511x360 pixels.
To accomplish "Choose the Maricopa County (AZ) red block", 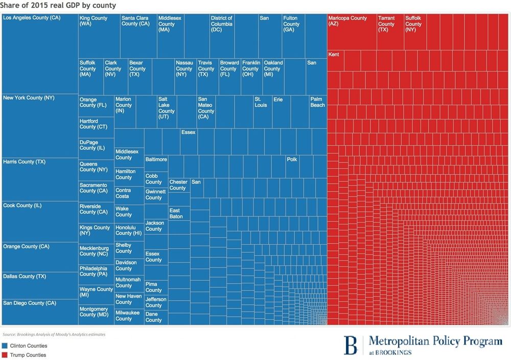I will (x=352, y=32).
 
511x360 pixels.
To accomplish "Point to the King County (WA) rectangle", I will (x=99, y=36).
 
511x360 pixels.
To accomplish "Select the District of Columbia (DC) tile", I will (x=222, y=36).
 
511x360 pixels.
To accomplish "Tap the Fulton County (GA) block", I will (x=293, y=36).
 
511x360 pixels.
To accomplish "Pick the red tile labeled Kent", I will (x=335, y=61).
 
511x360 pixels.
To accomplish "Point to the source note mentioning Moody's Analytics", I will (x=54, y=334).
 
